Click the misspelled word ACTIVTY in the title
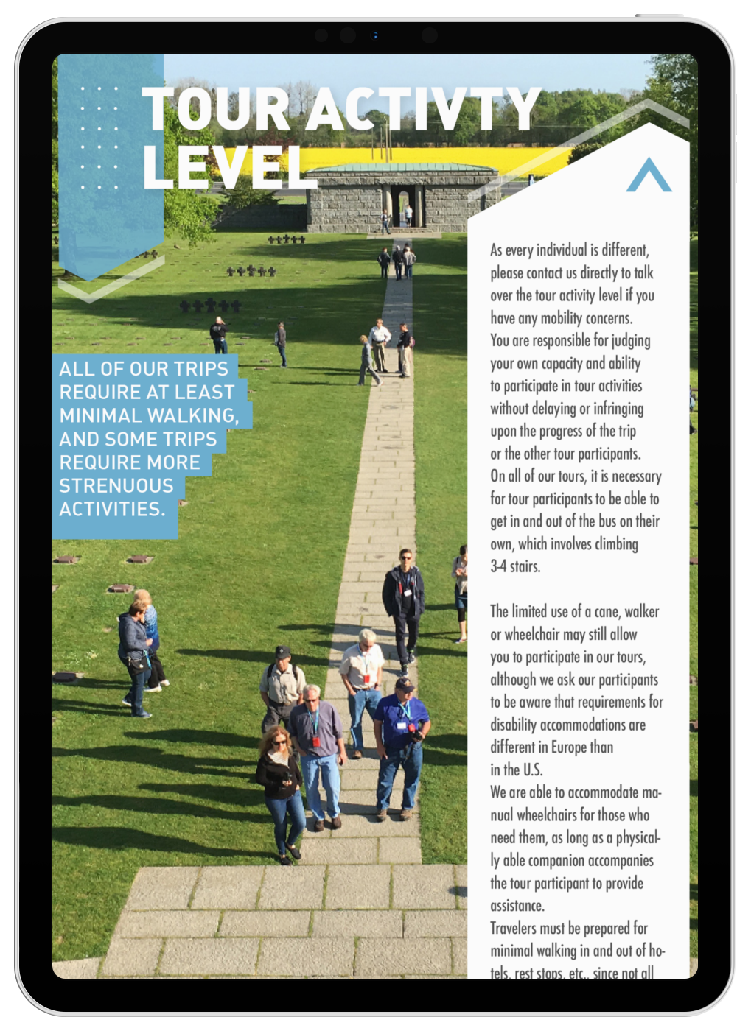pyautogui.click(x=423, y=110)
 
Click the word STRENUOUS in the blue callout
pyautogui.click(x=116, y=486)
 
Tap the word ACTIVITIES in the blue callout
pyautogui.click(x=111, y=509)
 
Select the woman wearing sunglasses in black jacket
pyautogui.click(x=281, y=792)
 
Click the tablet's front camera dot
pyautogui.click(x=375, y=35)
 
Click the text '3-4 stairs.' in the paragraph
pyautogui.click(x=515, y=566)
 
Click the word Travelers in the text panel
pyautogui.click(x=517, y=928)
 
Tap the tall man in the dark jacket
pyautogui.click(x=402, y=608)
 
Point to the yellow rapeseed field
pyautogui.click(x=442, y=156)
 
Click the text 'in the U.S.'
pyautogui.click(x=516, y=770)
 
